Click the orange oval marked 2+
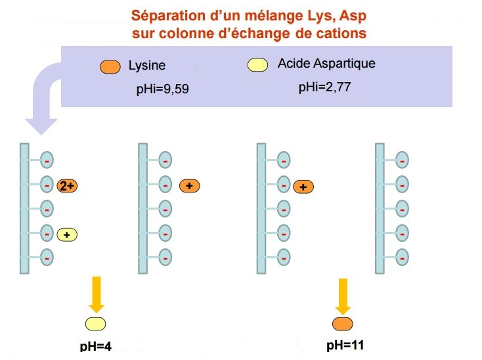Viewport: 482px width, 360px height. coord(68,185)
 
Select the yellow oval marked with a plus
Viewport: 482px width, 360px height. coord(67,234)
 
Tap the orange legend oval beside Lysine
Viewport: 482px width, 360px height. coord(110,66)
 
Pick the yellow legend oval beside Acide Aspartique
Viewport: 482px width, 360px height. coord(257,64)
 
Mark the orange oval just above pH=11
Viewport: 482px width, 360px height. coord(343,323)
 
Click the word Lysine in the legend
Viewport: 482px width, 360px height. coord(147,66)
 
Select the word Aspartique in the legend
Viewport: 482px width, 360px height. coord(345,64)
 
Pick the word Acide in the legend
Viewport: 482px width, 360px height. coord(293,64)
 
